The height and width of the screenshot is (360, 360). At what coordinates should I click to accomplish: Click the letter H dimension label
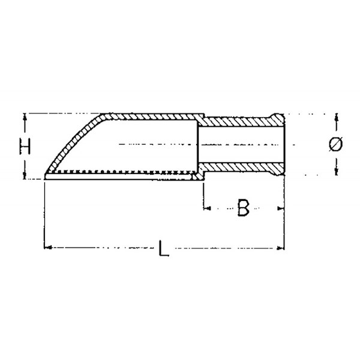point(25,146)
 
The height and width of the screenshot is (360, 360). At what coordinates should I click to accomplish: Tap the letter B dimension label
point(243,208)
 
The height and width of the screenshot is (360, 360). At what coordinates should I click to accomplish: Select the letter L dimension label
point(164,248)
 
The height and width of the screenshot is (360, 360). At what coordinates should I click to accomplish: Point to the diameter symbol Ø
point(335,144)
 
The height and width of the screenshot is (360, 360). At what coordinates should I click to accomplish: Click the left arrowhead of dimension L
point(47,247)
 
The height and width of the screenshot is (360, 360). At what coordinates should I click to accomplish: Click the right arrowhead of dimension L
point(281,248)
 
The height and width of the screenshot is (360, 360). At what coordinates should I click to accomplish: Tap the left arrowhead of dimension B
point(207,208)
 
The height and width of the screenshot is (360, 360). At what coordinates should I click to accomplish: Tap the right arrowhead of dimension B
point(281,208)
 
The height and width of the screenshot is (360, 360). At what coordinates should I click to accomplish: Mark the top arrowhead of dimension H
point(25,118)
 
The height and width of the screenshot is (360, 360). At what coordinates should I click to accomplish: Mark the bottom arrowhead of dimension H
point(25,175)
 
